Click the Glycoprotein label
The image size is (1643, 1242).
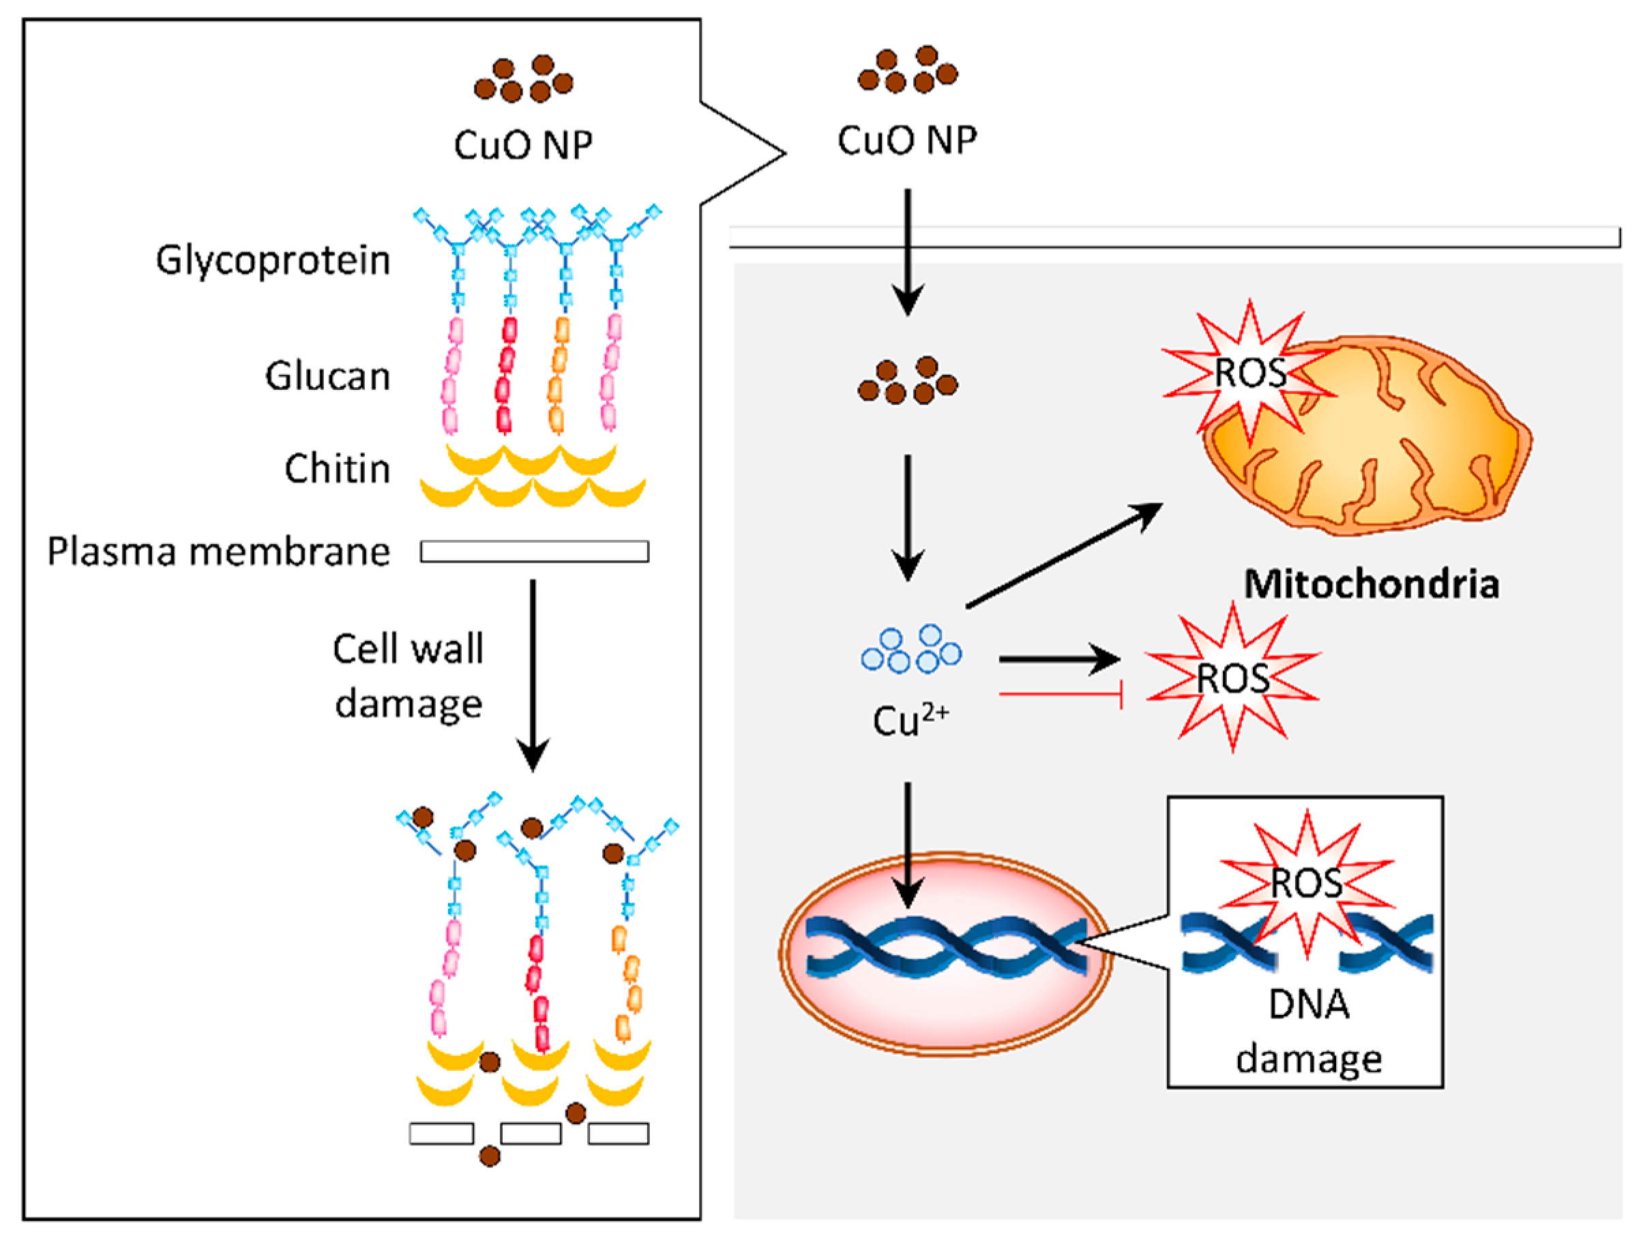tap(273, 261)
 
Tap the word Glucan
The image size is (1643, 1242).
tap(327, 376)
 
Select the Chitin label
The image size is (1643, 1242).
tap(337, 469)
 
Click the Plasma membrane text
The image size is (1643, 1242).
tap(218, 552)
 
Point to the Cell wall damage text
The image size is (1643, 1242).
tap(408, 676)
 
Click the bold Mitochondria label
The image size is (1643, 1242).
tap(1371, 585)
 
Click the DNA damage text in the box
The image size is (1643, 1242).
tap(1308, 1032)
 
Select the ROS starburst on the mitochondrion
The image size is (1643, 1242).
tap(1250, 373)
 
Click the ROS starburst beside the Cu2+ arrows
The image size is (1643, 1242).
tap(1233, 678)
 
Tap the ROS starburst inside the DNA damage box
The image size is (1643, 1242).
tap(1307, 883)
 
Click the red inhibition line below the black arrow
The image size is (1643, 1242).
tap(1060, 695)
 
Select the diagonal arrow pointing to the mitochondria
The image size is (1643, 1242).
tap(1064, 556)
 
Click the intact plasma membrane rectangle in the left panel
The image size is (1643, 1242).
tap(534, 551)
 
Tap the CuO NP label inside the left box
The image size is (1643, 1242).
tap(523, 145)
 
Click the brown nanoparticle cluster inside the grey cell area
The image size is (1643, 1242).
tap(907, 381)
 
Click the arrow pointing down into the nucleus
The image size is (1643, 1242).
tap(907, 845)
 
